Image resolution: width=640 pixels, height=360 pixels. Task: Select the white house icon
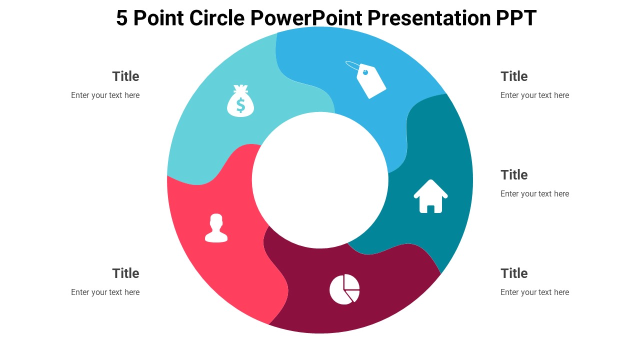click(430, 196)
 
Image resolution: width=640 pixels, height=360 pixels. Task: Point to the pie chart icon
click(344, 289)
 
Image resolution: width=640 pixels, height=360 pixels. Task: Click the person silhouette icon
click(216, 228)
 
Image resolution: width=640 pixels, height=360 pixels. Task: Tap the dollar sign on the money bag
click(240, 105)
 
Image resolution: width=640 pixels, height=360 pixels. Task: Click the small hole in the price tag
click(365, 72)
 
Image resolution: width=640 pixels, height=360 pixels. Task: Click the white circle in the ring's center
click(320, 180)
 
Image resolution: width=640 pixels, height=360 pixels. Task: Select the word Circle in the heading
click(217, 17)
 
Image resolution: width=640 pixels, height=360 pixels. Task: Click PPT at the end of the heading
click(516, 18)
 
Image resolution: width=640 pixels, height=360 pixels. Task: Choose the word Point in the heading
click(158, 17)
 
